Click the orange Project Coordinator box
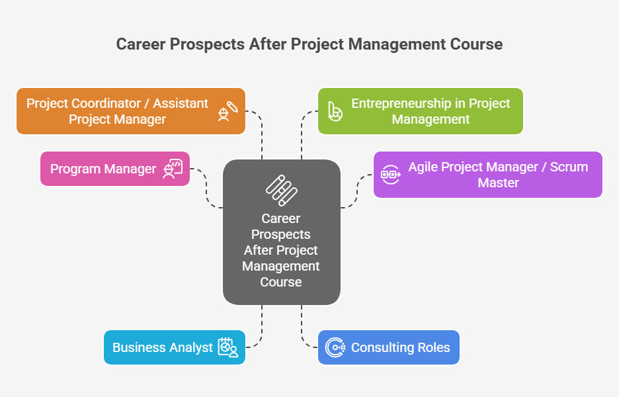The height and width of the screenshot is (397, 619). (131, 111)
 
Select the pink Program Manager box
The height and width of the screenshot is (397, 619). (115, 169)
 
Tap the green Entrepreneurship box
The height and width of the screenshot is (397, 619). (421, 111)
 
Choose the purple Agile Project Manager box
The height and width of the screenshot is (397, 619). (488, 175)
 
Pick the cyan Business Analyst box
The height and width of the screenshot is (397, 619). (175, 347)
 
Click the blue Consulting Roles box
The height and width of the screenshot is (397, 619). (389, 347)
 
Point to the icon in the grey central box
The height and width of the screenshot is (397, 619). (282, 191)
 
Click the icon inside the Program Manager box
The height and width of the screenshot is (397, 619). (173, 169)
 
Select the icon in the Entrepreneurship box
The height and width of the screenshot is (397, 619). (335, 111)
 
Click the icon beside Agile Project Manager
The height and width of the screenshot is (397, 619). (390, 175)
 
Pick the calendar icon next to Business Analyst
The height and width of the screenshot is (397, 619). (228, 347)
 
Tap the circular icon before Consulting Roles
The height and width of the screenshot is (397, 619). (335, 347)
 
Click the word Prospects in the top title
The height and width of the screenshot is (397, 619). (207, 44)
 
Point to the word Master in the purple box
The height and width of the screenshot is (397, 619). (498, 183)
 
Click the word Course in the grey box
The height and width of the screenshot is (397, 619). (281, 282)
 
